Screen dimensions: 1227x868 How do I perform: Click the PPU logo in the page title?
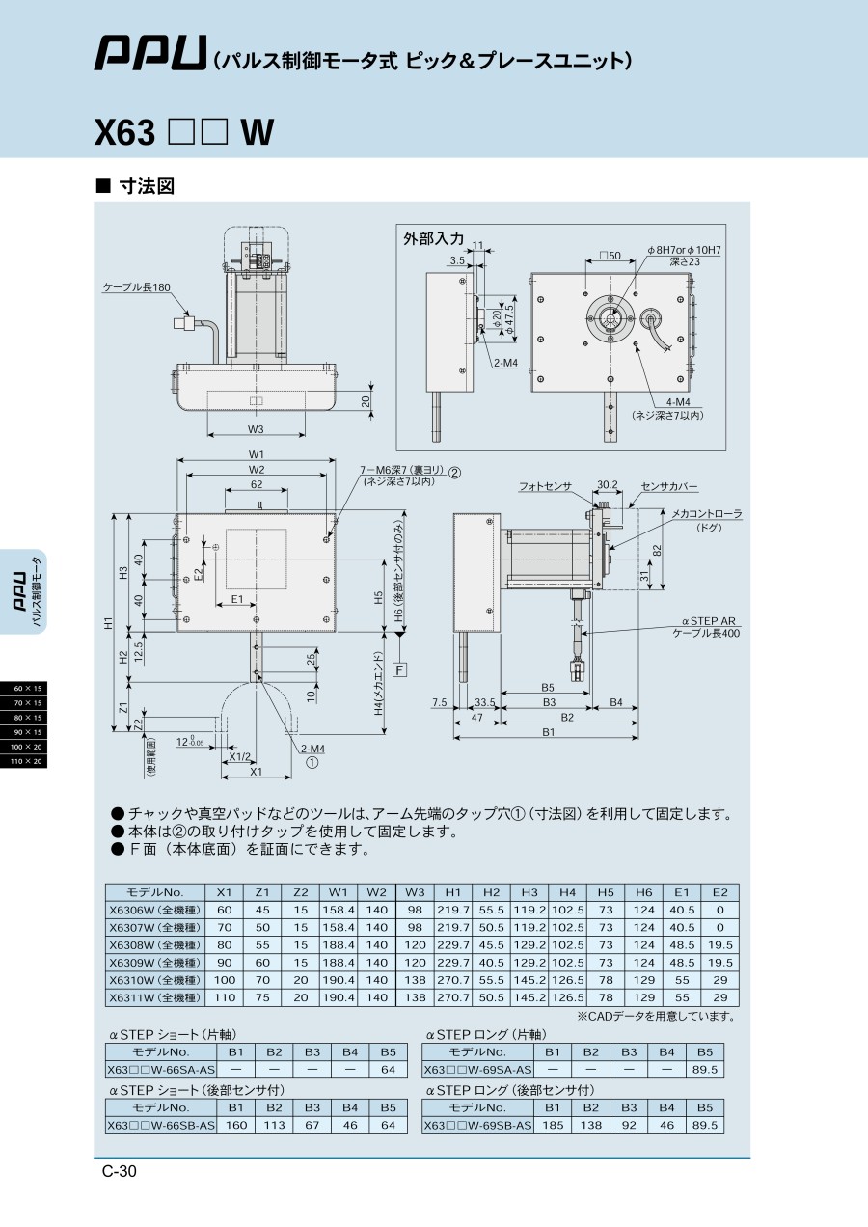coord(150,54)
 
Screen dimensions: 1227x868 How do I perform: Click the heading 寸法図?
coord(145,186)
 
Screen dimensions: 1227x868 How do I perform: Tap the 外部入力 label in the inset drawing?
coord(433,238)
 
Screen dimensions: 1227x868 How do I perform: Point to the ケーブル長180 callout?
coord(136,287)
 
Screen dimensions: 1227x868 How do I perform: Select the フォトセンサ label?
coord(545,486)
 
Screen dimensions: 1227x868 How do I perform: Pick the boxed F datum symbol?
coord(400,668)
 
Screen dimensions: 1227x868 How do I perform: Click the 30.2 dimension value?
coord(607,485)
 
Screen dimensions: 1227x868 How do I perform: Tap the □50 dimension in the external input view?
coord(610,256)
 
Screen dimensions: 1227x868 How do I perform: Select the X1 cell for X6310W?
coord(224,980)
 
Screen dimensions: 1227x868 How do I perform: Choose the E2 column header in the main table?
coord(719,892)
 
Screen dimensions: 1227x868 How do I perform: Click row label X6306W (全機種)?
coord(154,910)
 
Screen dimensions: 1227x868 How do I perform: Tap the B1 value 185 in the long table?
coord(553,1125)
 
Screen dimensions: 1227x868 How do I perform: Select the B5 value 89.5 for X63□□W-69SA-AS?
coord(705,1070)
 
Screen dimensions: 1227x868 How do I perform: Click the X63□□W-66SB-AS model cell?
coord(161,1125)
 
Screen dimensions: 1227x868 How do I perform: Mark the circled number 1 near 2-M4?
coord(312,762)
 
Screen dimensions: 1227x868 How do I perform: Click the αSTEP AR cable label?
coord(708,627)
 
